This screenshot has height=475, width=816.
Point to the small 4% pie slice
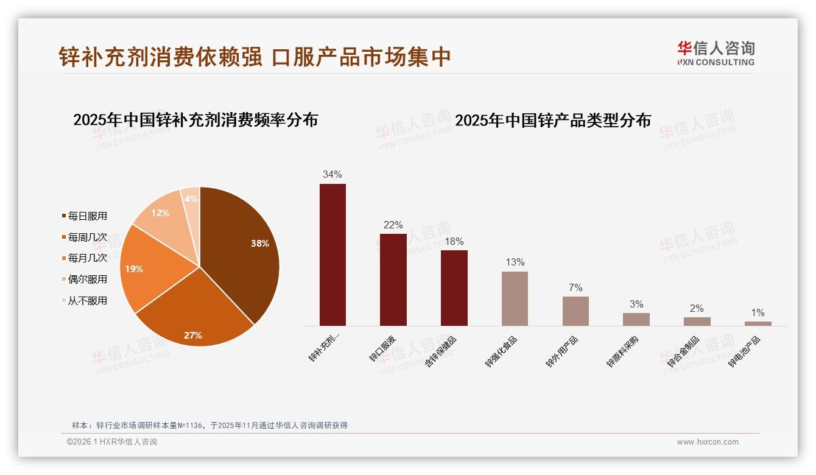[x=191, y=199]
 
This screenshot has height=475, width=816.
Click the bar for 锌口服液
[x=393, y=280]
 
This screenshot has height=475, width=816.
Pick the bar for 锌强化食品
[x=515, y=298]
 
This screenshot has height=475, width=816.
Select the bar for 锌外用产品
[x=575, y=311]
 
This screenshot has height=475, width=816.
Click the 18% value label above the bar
[x=454, y=241]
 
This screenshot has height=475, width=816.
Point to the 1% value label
[x=758, y=313]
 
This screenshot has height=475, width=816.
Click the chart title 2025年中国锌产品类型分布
[x=553, y=121]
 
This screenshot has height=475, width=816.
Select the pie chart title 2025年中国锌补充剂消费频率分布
[x=195, y=120]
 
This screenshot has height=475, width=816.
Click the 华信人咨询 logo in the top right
[x=716, y=52]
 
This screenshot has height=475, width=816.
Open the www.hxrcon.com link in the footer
[x=708, y=442]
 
